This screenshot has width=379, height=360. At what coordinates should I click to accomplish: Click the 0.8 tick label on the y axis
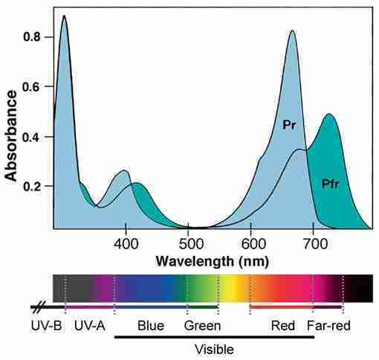click(x=31, y=37)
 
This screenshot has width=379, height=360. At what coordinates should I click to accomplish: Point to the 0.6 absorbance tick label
click(x=31, y=87)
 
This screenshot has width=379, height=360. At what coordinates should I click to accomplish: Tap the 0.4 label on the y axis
click(x=31, y=137)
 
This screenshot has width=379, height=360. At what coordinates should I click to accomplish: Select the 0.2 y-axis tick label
click(x=31, y=186)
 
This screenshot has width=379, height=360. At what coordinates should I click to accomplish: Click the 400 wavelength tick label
click(x=126, y=244)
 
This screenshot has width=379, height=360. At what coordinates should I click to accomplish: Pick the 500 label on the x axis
click(x=188, y=244)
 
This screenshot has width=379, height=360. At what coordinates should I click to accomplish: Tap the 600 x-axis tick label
click(x=251, y=244)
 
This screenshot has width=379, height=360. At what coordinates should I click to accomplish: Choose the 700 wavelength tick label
click(x=314, y=244)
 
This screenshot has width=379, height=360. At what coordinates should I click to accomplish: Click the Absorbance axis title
click(x=11, y=135)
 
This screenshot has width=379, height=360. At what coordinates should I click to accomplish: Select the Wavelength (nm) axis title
click(x=213, y=261)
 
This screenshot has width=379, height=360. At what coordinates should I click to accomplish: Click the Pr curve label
click(x=289, y=125)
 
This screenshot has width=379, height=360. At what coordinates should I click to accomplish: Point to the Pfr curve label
click(x=330, y=184)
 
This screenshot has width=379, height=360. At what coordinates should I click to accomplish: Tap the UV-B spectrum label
click(x=46, y=326)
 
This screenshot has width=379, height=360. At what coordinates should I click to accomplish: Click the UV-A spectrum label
click(x=90, y=326)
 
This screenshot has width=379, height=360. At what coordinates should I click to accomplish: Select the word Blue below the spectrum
click(x=151, y=326)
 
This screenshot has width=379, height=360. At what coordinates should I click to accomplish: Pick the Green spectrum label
click(x=202, y=326)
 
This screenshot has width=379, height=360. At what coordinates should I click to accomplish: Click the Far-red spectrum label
click(x=328, y=326)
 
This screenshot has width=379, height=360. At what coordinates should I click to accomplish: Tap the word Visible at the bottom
click(x=214, y=350)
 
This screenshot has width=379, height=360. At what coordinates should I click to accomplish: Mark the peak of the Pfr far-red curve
click(x=329, y=114)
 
